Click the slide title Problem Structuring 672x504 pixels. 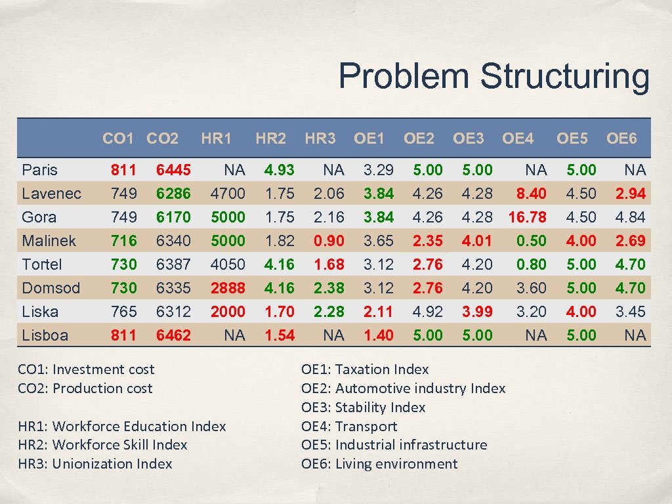pos(493,76)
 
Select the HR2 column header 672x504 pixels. pos(270,138)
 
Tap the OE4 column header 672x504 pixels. pos(518,138)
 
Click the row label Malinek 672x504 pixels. pos(49,241)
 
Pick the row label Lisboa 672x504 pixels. pos(45,335)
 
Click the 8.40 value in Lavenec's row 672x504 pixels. pos(531,194)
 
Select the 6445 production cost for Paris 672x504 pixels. pos(173,170)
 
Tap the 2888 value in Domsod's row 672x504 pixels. pos(227,288)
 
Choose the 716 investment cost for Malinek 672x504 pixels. pos(123,241)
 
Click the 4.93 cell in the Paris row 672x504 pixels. pos(279,170)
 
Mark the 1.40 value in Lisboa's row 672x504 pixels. pos(379,335)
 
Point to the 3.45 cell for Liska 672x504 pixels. pos(630,312)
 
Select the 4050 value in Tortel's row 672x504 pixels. pos(227,264)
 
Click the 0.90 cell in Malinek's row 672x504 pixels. pos(329,241)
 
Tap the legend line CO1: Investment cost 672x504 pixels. pos(86,369)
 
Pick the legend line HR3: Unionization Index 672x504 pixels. pos(95,464)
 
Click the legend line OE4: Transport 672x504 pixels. pos(349,427)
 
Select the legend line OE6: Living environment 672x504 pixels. pos(379,464)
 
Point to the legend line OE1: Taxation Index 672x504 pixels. pos(365,369)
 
